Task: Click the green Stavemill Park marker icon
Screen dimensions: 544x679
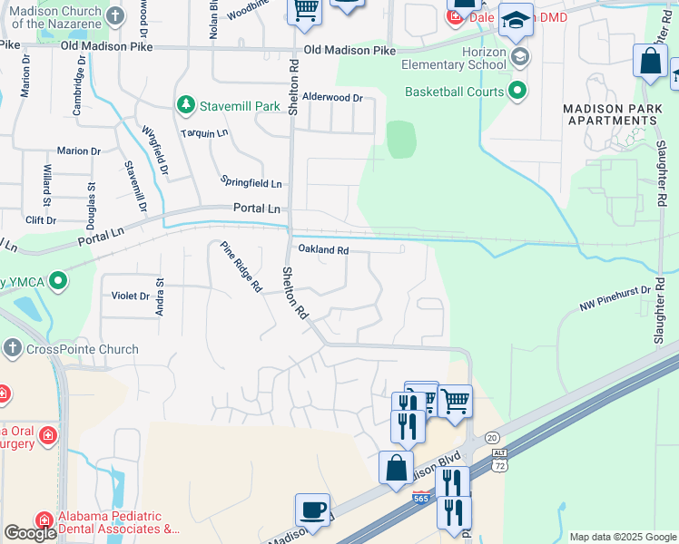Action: click(186, 106)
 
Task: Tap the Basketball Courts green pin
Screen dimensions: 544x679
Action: click(517, 91)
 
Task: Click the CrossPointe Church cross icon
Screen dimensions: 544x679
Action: click(12, 349)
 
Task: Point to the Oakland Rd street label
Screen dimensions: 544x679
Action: click(323, 249)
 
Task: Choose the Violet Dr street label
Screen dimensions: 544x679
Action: click(131, 296)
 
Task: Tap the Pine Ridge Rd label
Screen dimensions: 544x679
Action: click(241, 267)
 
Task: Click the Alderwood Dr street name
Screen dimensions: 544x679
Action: click(332, 97)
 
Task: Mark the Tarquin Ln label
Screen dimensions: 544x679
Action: click(203, 133)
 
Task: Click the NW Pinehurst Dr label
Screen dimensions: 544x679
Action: click(615, 300)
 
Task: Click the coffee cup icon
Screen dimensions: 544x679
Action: click(313, 509)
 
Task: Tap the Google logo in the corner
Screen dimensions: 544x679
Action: click(30, 533)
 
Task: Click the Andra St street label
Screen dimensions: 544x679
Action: click(160, 297)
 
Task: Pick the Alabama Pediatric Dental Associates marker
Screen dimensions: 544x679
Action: click(44, 520)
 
